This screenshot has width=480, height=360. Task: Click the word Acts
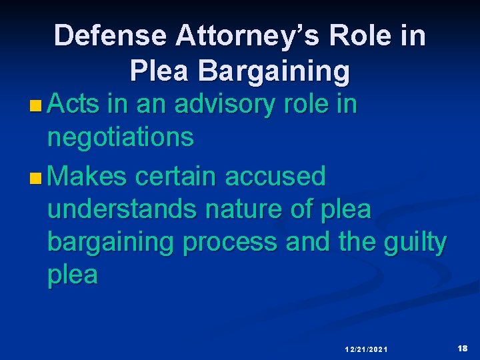pyautogui.click(x=74, y=105)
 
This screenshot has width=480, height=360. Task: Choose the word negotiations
pyautogui.click(x=121, y=138)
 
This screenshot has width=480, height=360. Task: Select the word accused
pyautogui.click(x=275, y=177)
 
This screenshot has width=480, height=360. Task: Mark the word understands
pyautogui.click(x=122, y=209)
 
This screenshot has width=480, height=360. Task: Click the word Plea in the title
pyautogui.click(x=159, y=71)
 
